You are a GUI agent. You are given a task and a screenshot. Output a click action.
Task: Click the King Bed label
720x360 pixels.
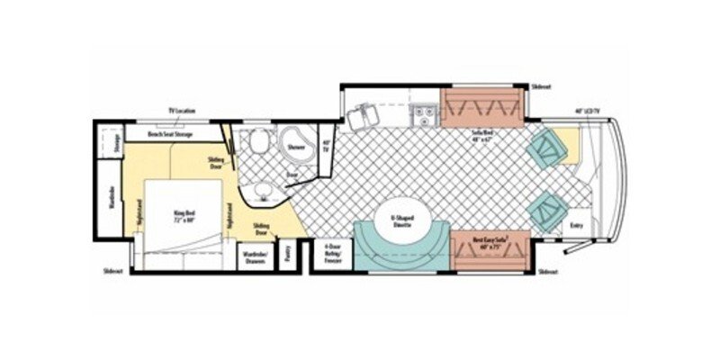pos(184,215)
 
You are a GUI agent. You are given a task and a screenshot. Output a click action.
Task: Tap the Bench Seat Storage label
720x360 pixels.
pos(171,134)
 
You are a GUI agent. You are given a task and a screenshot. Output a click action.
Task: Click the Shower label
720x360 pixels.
pos(296,147)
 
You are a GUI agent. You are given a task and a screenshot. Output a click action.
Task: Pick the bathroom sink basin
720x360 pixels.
pos(264,190)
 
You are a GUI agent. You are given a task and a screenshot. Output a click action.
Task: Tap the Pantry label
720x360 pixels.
pos(286,254)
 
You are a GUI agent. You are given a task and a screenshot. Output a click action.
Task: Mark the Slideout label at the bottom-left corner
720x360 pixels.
pos(113,269)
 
